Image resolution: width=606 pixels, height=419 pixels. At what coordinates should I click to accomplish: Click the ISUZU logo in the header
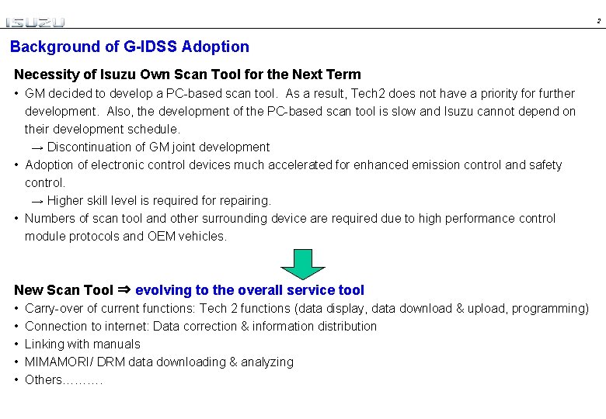(x=36, y=22)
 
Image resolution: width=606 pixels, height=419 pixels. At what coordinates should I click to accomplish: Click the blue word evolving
(x=163, y=290)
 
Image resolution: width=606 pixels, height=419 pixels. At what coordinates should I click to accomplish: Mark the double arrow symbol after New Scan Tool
(x=124, y=290)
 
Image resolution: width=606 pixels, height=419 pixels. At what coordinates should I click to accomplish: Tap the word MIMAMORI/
(x=61, y=362)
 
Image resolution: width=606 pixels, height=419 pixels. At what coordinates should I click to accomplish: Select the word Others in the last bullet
(x=43, y=379)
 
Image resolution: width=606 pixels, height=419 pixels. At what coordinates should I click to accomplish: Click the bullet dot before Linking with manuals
(x=17, y=344)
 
